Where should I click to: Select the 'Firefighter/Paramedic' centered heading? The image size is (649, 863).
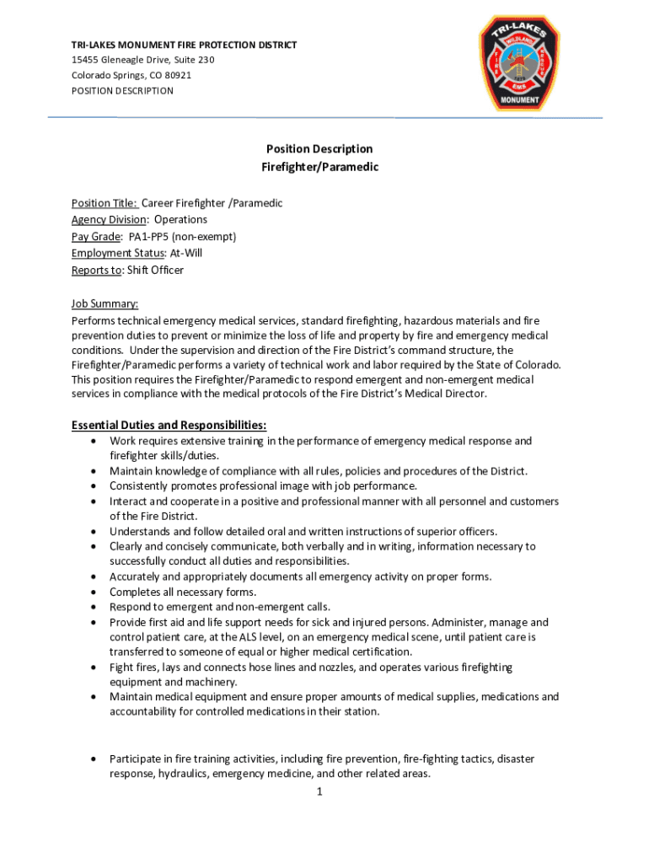tap(319, 167)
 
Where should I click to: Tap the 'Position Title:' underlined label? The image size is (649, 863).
tap(104, 203)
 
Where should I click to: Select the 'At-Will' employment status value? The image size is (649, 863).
tap(185, 253)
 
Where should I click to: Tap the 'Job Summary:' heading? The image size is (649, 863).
tap(105, 304)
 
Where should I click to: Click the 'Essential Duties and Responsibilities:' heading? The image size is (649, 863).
tap(169, 425)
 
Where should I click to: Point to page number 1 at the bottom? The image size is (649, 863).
tap(320, 791)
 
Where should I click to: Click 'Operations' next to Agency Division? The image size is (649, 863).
tap(180, 219)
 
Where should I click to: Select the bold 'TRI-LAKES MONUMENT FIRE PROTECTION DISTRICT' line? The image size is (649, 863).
tap(184, 45)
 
